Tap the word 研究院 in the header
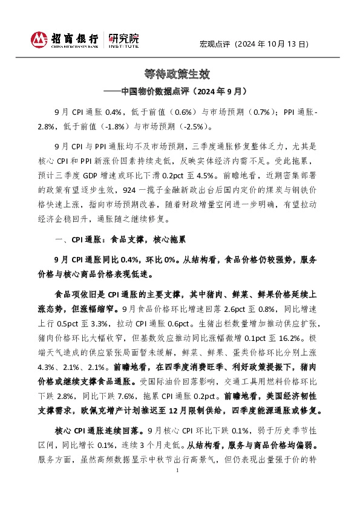pos(123,37)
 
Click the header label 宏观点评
pos(215,44)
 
